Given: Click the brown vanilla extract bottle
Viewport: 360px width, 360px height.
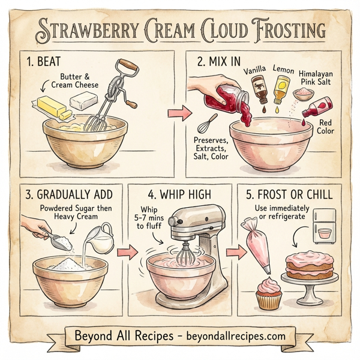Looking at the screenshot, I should (x=259, y=88).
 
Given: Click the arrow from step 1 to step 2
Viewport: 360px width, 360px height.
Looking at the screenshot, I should (x=174, y=112).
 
